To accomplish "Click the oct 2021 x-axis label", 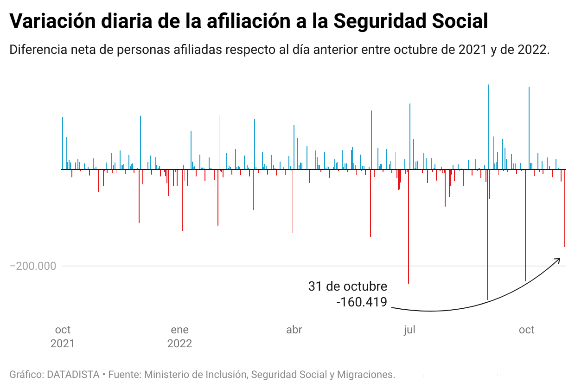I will (63, 337).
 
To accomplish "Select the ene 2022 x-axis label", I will (179, 337).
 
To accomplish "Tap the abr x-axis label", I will (294, 330).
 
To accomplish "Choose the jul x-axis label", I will (409, 330).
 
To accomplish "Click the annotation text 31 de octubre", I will (347, 286).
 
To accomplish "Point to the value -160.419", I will (362, 302).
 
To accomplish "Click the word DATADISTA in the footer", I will (73, 374).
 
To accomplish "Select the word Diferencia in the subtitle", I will (37, 50).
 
